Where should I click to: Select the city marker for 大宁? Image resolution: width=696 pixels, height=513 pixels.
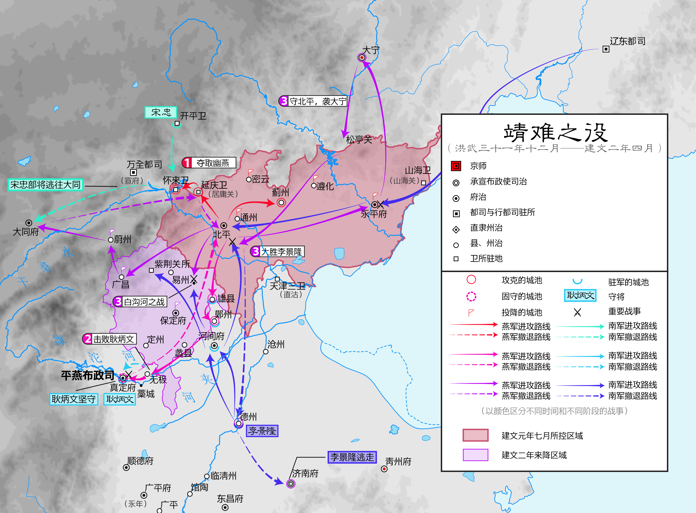(x=362, y=58)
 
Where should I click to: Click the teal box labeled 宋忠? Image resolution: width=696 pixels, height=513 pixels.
(x=161, y=112)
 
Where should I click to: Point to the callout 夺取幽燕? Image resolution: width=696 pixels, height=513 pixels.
(x=209, y=163)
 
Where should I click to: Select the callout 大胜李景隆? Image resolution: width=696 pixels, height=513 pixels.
(x=277, y=252)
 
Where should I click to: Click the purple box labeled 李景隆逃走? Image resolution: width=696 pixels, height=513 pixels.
(x=352, y=457)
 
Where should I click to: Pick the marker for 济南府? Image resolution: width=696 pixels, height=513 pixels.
(x=290, y=483)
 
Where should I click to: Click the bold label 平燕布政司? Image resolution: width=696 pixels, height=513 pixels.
(x=87, y=375)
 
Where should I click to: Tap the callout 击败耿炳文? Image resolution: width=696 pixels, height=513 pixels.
(x=109, y=339)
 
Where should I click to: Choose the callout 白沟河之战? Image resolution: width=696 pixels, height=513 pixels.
(x=140, y=302)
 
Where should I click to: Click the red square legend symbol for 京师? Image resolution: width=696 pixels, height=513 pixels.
(x=456, y=166)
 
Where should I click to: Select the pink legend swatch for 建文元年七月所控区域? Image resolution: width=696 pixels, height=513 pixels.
(x=475, y=435)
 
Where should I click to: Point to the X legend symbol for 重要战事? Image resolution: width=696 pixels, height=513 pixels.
(x=577, y=312)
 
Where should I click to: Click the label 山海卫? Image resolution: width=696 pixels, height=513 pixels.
(x=418, y=170)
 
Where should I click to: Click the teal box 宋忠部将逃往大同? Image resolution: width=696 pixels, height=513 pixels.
(x=45, y=185)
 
